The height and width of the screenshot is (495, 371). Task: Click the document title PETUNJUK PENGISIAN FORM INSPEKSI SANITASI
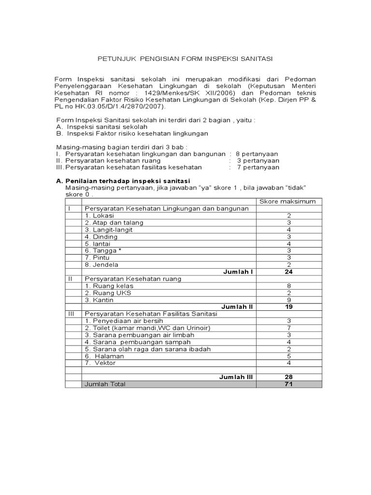[185, 58]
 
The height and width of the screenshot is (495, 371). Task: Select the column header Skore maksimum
[288, 201]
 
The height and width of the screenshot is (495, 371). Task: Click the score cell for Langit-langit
[288, 230]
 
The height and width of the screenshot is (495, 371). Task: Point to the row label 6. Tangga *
[103, 250]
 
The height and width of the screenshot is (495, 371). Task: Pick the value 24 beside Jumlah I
[288, 272]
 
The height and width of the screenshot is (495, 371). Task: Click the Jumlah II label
[237, 306]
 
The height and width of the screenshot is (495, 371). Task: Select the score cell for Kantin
[288, 300]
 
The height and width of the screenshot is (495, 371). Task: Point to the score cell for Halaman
[288, 356]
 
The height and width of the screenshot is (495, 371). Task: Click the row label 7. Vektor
[100, 363]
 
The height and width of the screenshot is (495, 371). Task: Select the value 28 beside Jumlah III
[288, 377]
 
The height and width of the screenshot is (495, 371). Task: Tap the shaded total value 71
[288, 384]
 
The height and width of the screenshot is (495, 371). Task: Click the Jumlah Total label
[105, 384]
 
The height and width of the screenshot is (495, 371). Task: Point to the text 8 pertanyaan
[257, 154]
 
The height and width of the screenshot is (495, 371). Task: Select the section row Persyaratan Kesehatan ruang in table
[133, 279]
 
